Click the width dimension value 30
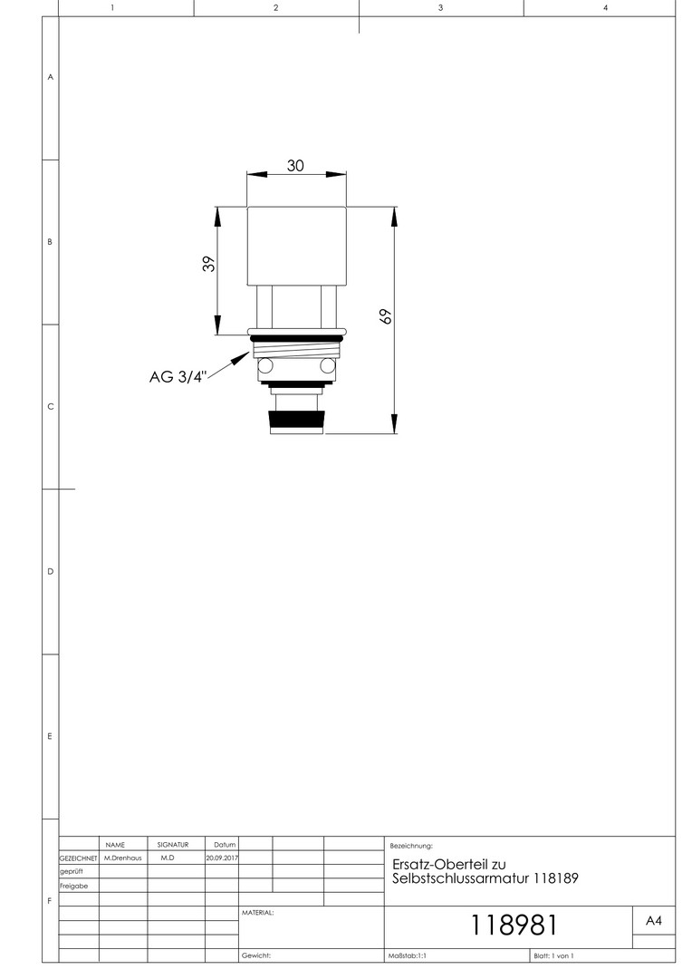click(295, 166)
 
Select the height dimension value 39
click(209, 264)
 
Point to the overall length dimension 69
click(386, 316)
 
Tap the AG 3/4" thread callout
click(178, 377)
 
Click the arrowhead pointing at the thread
click(242, 356)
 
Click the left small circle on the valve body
click(265, 365)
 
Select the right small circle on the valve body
click(328, 365)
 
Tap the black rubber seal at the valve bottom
click(296, 422)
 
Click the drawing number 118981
click(514, 926)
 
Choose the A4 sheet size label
click(653, 921)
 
